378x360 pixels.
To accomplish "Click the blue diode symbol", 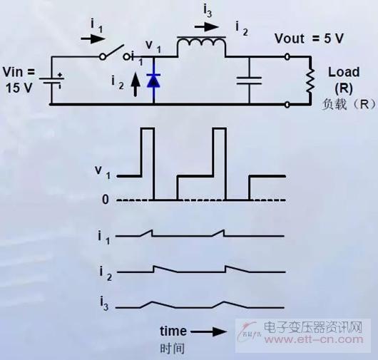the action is tap(153, 81).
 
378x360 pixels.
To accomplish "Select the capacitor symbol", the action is tap(249, 81).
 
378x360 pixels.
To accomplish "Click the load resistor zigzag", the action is tap(310, 81).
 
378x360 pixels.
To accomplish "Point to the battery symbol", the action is tap(51, 81).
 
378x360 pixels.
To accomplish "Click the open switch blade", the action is tap(113, 51).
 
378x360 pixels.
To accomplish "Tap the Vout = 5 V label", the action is tap(309, 38).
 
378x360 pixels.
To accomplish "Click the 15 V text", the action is tap(19, 88).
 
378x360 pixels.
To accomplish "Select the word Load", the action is tap(344, 72).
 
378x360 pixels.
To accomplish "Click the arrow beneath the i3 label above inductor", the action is tap(207, 27).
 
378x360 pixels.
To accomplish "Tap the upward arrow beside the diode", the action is tap(136, 85).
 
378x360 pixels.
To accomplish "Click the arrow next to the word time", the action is tap(209, 331).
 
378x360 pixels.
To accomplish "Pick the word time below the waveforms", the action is tap(173, 331).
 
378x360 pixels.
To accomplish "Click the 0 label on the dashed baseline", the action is tap(106, 200).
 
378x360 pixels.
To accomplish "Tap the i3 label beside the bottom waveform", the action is tap(104, 304).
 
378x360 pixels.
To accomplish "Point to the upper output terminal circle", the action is tap(287, 57).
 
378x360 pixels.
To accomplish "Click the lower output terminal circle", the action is tap(287, 105).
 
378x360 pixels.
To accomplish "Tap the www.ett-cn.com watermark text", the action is tap(313, 340).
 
